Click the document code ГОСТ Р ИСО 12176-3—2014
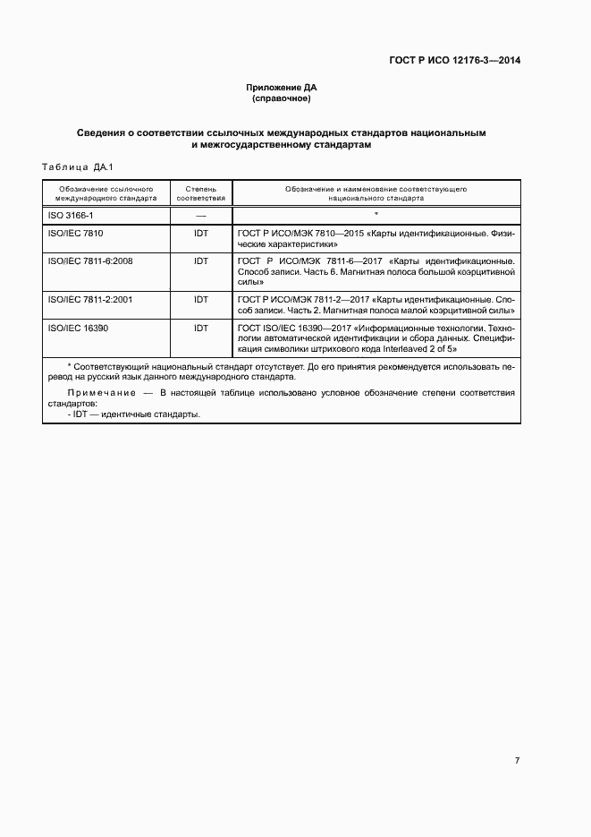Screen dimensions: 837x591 point(456,61)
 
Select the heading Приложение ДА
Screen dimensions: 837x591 point(282,87)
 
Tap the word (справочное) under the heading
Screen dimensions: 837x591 point(282,98)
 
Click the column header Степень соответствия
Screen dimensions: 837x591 point(200,194)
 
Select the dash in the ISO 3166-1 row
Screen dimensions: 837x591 point(200,217)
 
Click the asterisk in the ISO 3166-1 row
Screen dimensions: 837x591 point(376,215)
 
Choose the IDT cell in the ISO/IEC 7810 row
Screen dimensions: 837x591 point(200,233)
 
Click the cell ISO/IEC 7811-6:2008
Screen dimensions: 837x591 point(89,260)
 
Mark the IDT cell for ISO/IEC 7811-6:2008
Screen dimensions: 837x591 point(200,260)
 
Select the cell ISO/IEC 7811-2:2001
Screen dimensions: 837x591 point(89,300)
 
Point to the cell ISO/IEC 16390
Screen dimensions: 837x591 point(78,329)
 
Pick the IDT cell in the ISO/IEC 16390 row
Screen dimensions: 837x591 point(200,329)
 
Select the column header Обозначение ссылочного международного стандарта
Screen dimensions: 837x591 point(106,194)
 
